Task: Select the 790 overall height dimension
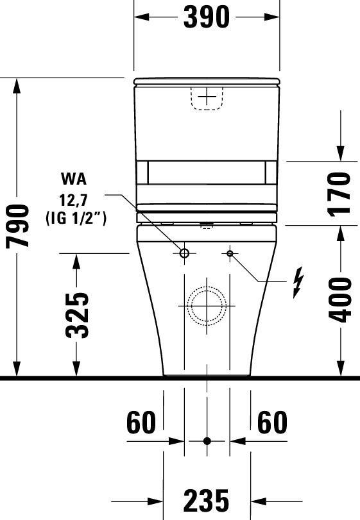[18, 227]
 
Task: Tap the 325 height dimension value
[77, 315]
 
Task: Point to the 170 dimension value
[341, 193]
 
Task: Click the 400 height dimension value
[341, 300]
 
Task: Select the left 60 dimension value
[141, 423]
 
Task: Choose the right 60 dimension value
[273, 423]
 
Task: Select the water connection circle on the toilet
[185, 254]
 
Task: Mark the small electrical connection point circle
[230, 254]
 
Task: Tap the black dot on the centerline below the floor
[207, 441]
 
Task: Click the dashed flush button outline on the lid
[207, 98]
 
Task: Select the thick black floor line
[180, 379]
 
